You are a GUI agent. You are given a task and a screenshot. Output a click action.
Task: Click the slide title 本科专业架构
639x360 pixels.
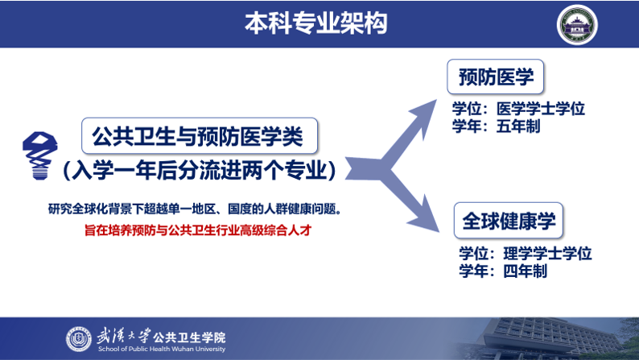[x=315, y=23]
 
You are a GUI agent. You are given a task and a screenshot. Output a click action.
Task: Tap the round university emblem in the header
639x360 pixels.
[x=577, y=25]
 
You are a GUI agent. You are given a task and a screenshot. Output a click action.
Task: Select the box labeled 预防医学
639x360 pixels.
[x=496, y=77]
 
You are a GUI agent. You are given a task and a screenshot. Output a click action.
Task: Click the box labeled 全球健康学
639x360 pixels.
[x=509, y=221]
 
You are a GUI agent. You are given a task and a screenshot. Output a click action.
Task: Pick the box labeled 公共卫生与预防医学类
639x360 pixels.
[x=200, y=136]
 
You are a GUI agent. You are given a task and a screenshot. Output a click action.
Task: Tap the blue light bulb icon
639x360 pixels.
[x=39, y=155]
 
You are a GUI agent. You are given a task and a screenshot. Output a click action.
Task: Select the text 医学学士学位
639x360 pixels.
[x=540, y=109]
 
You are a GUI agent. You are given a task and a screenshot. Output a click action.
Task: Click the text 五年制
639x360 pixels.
[x=518, y=126]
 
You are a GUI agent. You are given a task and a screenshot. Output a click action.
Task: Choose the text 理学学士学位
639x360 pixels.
[x=547, y=254]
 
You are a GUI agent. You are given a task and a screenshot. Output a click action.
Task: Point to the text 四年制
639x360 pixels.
[x=526, y=271]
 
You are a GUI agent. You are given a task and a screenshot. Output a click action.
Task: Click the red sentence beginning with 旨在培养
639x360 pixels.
[x=198, y=230]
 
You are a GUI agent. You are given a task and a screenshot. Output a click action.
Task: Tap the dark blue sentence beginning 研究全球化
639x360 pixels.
[x=195, y=209]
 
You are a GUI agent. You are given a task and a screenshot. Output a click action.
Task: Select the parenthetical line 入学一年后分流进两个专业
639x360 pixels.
[x=200, y=170]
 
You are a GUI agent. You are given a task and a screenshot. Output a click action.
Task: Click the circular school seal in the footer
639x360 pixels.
[x=79, y=339]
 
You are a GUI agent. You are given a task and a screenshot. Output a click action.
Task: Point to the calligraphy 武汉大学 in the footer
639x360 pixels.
[x=123, y=337]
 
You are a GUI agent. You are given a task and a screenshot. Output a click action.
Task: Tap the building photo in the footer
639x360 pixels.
[x=546, y=338]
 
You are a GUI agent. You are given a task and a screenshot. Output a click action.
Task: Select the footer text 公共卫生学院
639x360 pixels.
[x=189, y=337]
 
